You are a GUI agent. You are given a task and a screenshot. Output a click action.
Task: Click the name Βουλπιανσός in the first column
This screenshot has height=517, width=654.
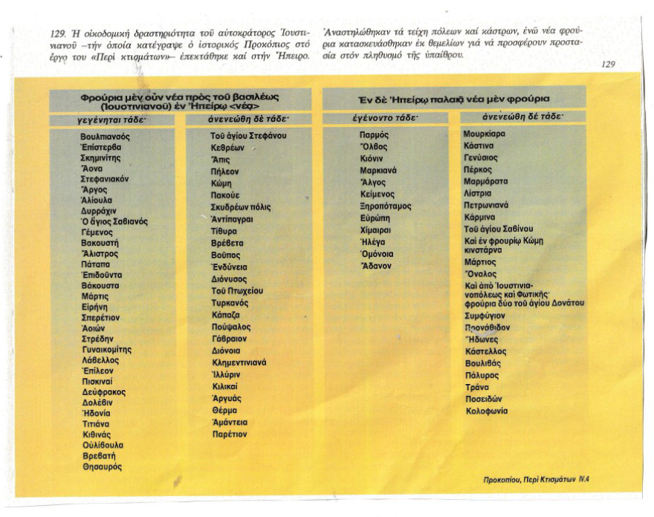coord(105,137)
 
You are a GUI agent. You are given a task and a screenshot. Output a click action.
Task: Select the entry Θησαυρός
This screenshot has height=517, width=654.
coord(102,466)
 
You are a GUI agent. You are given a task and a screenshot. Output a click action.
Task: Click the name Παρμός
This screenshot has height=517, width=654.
coord(374,135)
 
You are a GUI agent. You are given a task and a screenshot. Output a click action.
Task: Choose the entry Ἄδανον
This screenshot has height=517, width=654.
coord(376,266)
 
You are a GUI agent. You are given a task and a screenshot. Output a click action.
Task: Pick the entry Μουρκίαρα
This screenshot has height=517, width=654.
coord(484,134)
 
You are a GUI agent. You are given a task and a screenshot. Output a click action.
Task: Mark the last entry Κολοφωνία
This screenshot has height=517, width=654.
coord(486,411)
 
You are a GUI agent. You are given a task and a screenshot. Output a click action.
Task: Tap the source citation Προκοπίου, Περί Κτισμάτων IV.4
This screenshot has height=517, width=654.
coord(535,480)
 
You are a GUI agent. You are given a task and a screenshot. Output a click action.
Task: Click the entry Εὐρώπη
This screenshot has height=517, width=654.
coord(375,218)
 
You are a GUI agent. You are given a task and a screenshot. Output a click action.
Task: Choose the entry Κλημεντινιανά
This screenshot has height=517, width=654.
coord(239,362)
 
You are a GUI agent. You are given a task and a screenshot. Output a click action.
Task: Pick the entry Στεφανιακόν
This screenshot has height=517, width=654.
coord(105,179)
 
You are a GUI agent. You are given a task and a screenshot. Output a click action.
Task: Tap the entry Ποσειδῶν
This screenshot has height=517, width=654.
coord(483,399)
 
